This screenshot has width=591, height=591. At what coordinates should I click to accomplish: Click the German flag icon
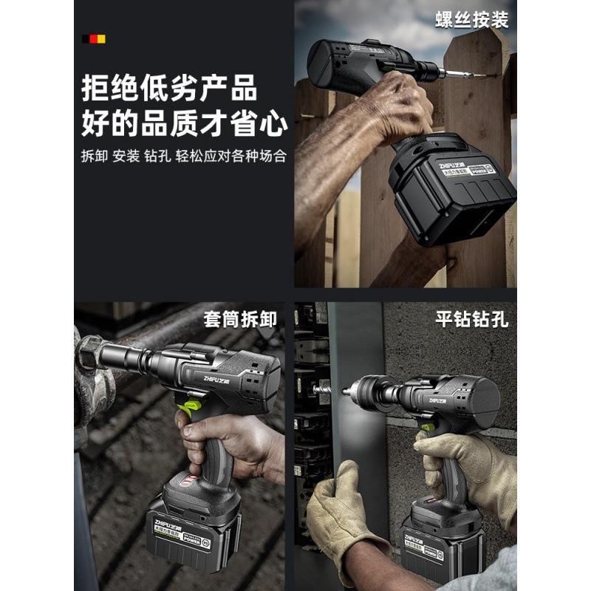click(94, 38)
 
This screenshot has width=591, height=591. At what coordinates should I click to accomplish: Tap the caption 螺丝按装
click(471, 19)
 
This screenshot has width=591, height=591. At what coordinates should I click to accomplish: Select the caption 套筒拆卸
click(241, 319)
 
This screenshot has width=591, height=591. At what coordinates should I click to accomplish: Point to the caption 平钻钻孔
click(471, 319)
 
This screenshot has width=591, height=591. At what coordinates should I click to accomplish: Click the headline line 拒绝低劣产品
click(169, 88)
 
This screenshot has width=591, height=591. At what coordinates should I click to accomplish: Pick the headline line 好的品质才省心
click(184, 123)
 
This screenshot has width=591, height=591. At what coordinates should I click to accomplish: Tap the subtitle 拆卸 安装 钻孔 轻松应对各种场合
click(184, 157)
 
